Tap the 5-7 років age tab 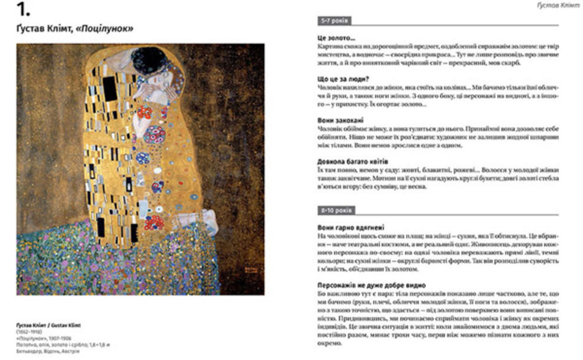tap(333, 21)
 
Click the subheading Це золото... tap(335, 38)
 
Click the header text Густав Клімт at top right tap(556, 5)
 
